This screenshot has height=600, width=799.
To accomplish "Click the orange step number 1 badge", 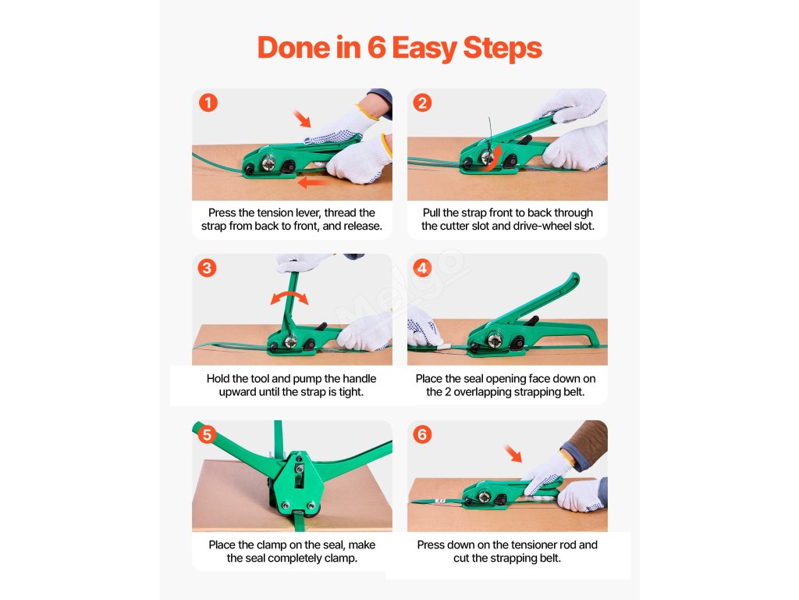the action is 208,102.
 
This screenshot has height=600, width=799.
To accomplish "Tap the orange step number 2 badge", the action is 422,102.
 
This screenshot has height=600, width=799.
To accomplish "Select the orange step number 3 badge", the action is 207,268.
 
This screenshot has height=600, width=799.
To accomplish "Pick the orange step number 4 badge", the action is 422,268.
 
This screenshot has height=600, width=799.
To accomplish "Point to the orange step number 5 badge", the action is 207,434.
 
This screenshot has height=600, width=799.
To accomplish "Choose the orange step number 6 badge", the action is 422,434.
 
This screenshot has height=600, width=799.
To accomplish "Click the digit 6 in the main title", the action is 377,48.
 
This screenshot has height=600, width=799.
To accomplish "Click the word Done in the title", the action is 293,48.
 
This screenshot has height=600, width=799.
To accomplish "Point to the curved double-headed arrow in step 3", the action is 289,294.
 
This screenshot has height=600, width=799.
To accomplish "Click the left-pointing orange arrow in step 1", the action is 312,182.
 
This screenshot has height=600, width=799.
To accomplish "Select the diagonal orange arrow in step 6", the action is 513,453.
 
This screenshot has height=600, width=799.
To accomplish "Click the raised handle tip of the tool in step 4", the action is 574,279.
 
